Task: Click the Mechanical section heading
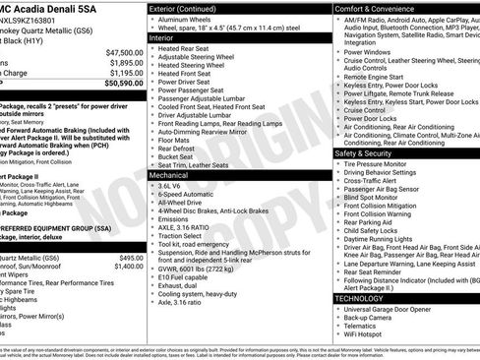[174, 174]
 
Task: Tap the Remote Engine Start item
[375, 74]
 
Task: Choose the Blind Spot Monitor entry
[375, 198]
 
